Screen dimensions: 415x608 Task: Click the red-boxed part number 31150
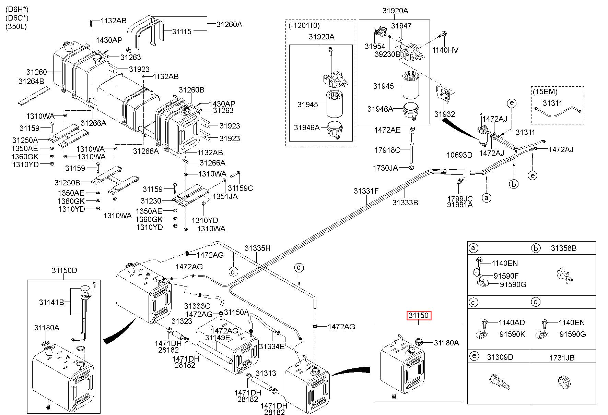pos(419,315)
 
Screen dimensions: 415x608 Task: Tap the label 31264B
pos(31,81)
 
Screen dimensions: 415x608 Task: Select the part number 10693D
pos(459,155)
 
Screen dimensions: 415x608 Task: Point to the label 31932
pos(445,114)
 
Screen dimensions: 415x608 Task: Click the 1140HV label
pos(445,50)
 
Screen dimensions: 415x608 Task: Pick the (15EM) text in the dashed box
pos(545,91)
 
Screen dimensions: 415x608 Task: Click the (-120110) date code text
pos(304,25)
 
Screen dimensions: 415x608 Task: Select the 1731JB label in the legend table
pos(562,358)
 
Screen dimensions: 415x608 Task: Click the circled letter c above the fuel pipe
pos(299,267)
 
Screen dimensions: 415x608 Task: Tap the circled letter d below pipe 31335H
pos(233,272)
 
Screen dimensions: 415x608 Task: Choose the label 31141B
pos(51,302)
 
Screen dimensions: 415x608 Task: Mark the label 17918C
pos(387,150)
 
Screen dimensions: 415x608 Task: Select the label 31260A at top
pos(229,24)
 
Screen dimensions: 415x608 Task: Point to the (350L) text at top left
pos(16,27)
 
